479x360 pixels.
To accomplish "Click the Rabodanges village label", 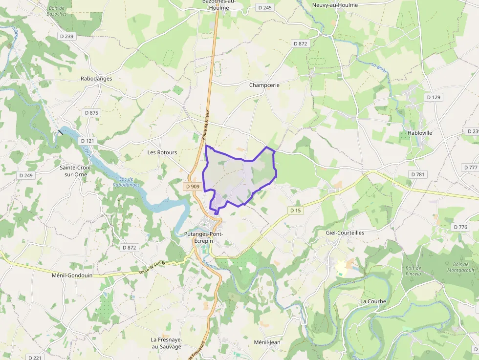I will point(96,78).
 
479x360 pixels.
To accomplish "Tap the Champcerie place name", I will point(264,85).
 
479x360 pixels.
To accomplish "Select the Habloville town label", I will point(419,133).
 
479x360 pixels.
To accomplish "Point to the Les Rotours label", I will point(162,152).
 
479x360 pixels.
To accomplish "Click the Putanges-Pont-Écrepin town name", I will point(204,237).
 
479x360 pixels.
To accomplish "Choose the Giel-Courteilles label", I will point(345,233).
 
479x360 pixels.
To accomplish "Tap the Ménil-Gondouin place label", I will point(72,275).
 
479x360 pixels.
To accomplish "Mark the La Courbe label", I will point(373,301).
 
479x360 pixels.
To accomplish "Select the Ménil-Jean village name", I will point(267,342).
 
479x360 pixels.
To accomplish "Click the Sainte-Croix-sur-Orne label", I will point(75,170).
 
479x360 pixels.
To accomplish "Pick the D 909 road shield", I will point(193,187).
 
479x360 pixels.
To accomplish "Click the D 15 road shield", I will point(295,211).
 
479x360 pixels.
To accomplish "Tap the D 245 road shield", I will point(265,7).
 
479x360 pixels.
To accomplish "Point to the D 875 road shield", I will point(91,113).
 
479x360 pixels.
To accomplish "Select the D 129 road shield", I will point(434,97).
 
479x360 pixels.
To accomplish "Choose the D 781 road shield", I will point(418,174).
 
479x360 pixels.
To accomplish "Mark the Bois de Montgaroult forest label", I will point(460,267).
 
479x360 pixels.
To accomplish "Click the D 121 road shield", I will point(87,141).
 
